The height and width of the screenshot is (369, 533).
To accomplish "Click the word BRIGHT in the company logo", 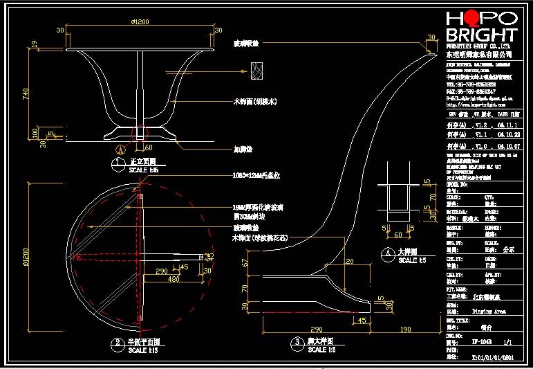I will tap(481, 35).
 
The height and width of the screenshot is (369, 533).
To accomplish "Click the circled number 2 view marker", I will tap(118, 343).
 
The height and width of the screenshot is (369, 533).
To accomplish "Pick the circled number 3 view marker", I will tap(297, 342).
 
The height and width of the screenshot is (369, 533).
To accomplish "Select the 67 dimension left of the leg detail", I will tap(245, 262).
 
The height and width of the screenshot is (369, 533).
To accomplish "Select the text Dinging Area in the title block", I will tap(488, 312).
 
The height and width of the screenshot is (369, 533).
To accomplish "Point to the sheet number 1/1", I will tap(508, 341).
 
